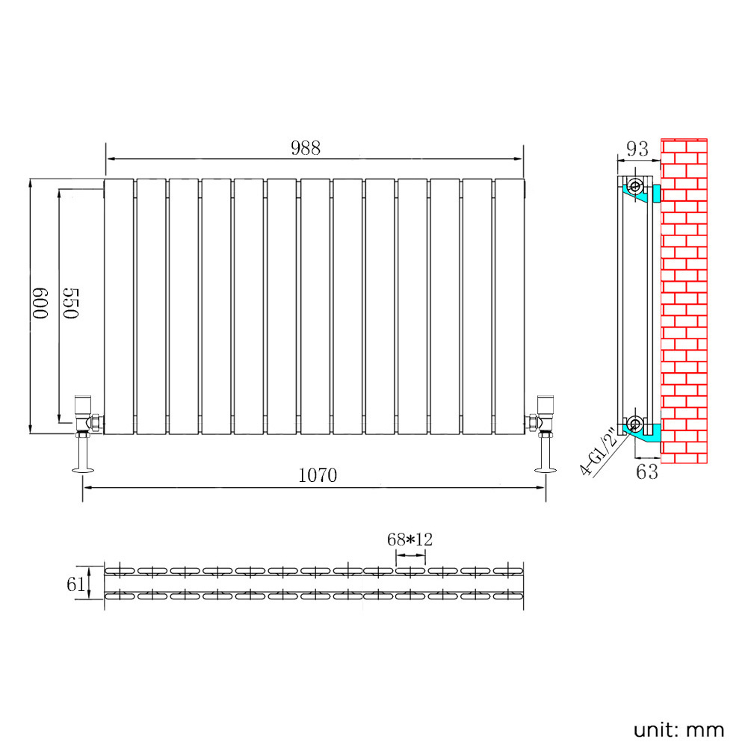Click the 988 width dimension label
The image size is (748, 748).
(x=306, y=148)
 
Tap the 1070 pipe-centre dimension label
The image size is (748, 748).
(x=318, y=475)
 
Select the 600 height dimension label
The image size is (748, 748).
(x=40, y=303)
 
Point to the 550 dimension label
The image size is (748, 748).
(x=70, y=303)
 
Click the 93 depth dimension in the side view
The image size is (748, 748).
(x=637, y=149)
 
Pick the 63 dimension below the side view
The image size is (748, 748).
(x=647, y=472)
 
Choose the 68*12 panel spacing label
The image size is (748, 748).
(x=409, y=540)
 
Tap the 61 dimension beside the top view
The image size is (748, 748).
(x=75, y=584)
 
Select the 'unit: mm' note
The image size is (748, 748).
(x=679, y=730)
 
